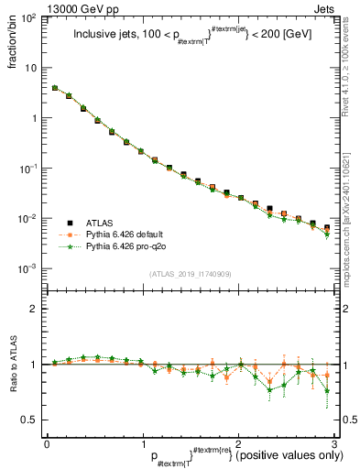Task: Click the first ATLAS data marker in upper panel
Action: pos(55,89)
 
